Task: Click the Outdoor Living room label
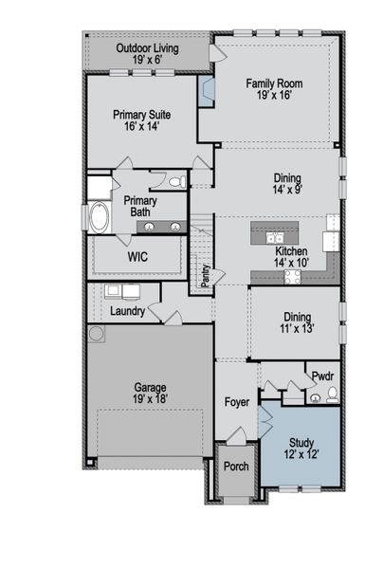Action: pyautogui.click(x=147, y=48)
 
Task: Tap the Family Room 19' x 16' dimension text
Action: pyautogui.click(x=275, y=95)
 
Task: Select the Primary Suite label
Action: pyautogui.click(x=142, y=115)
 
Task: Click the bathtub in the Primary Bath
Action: pyautogui.click(x=99, y=217)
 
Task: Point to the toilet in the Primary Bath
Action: pyautogui.click(x=177, y=182)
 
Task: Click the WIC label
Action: pyautogui.click(x=137, y=257)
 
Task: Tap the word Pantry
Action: pyautogui.click(x=206, y=276)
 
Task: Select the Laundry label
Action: pyautogui.click(x=127, y=311)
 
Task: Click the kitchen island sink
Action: pyautogui.click(x=275, y=238)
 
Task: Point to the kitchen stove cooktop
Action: pyautogui.click(x=292, y=277)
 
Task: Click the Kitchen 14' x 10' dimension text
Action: pyautogui.click(x=291, y=263)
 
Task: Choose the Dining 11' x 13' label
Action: pyautogui.click(x=297, y=322)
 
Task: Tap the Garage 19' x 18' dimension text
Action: pyautogui.click(x=150, y=399)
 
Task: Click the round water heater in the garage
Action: pyautogui.click(x=97, y=334)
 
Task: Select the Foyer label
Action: pyautogui.click(x=237, y=402)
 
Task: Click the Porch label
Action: pyautogui.click(x=236, y=467)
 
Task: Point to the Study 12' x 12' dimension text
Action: pyautogui.click(x=301, y=454)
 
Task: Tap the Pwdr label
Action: pyautogui.click(x=322, y=376)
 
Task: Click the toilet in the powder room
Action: pyautogui.click(x=333, y=395)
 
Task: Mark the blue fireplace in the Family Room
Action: pyautogui.click(x=206, y=91)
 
